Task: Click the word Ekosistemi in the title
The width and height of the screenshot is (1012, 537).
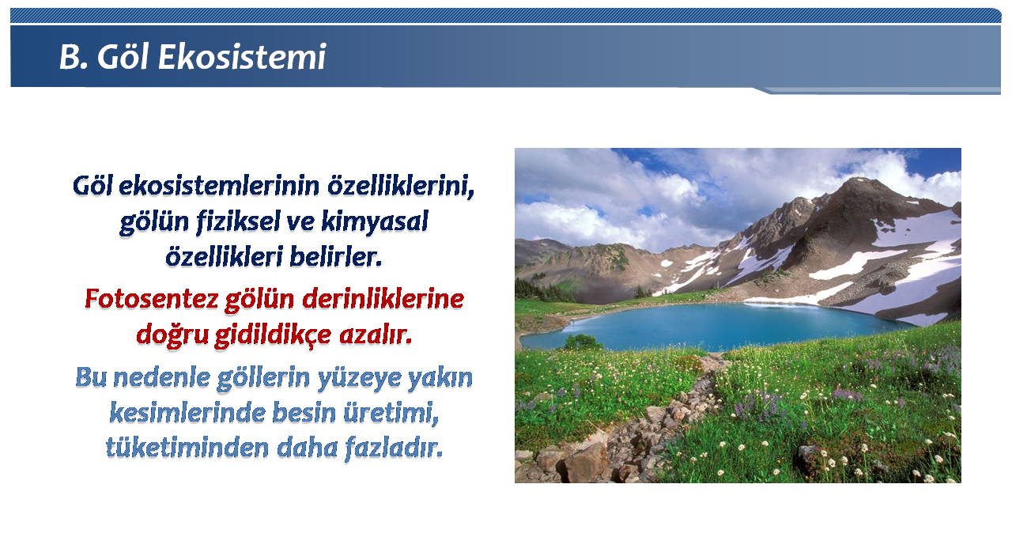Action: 242,58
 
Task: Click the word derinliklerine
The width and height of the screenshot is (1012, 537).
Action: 383,299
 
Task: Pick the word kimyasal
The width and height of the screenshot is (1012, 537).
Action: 375,222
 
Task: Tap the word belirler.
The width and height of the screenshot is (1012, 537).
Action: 336,257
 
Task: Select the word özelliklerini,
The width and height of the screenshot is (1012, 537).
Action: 401,186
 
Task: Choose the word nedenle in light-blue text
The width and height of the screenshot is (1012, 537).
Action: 161,377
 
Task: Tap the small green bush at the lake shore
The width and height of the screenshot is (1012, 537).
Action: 583,342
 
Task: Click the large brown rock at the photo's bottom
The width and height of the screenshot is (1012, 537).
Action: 587,462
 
